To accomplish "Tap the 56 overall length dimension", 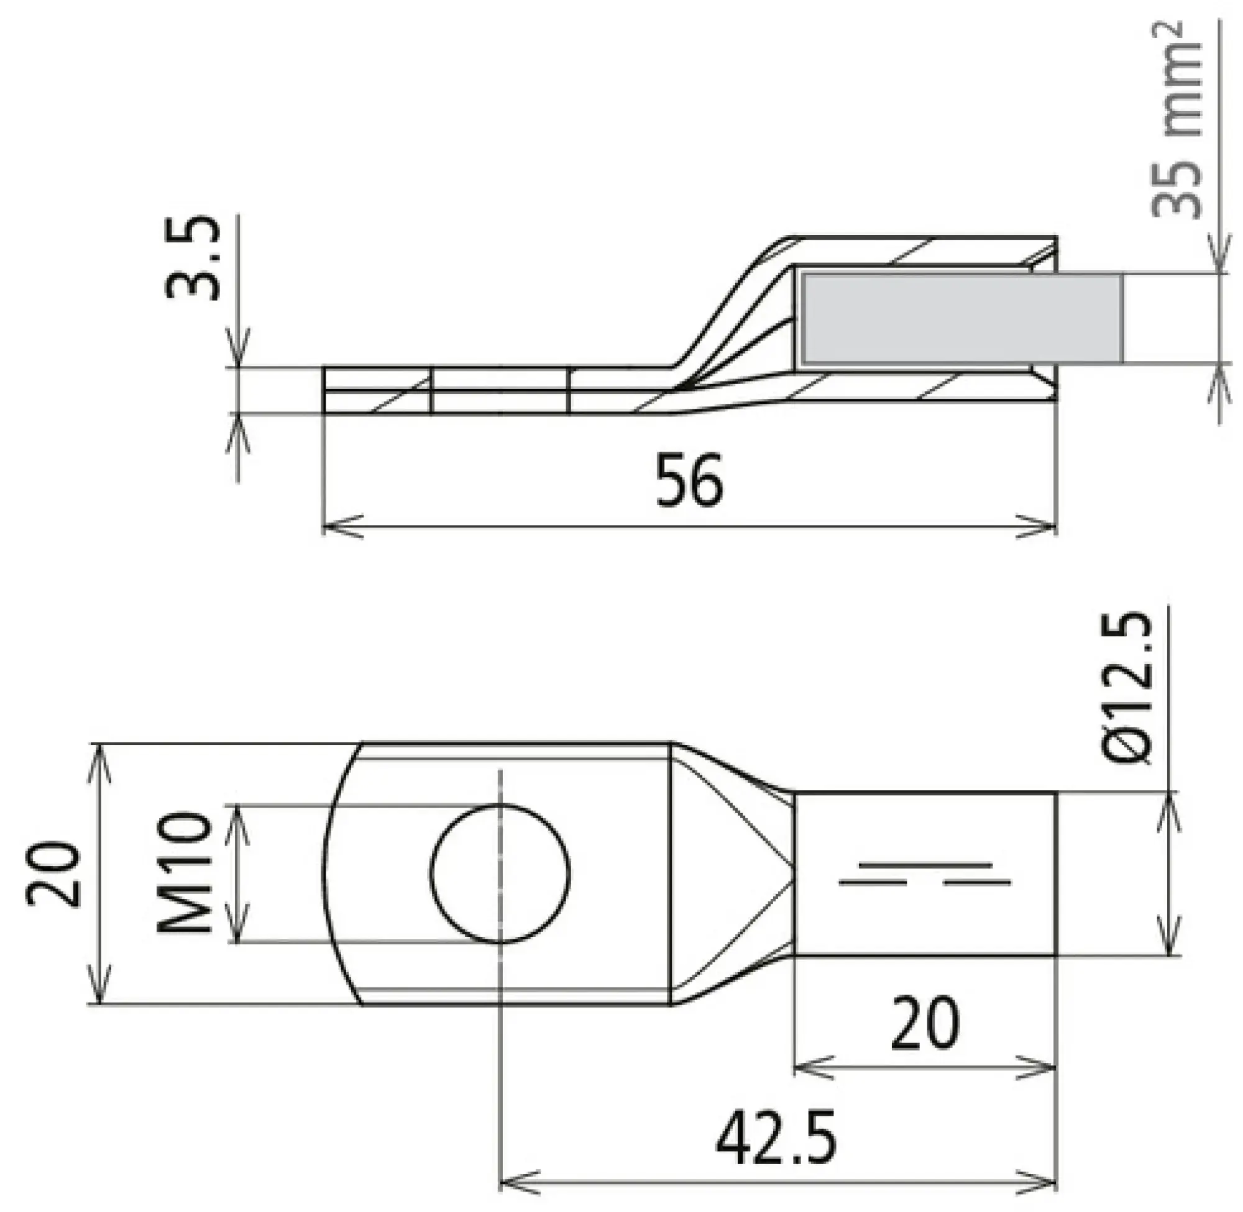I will click(x=689, y=481).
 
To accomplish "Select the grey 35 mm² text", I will click(x=1176, y=121).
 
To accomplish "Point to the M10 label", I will click(x=185, y=873).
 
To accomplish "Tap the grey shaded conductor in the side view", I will click(x=961, y=319).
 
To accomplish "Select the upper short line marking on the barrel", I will click(x=925, y=866).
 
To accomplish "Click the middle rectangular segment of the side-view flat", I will click(x=500, y=390).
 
